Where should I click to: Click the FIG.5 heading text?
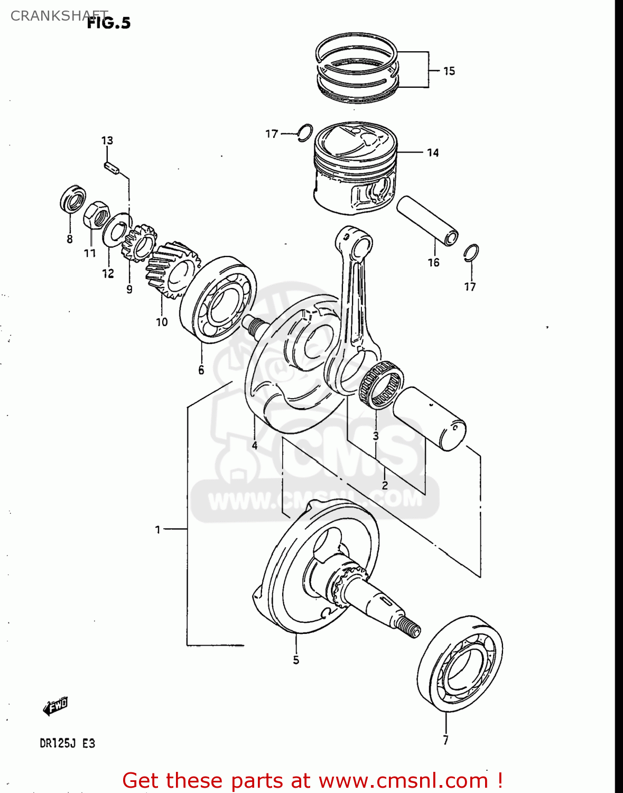pyautogui.click(x=109, y=23)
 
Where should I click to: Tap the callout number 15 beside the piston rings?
pyautogui.click(x=449, y=71)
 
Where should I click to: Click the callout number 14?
pyautogui.click(x=433, y=153)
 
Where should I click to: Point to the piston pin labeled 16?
pyautogui.click(x=427, y=220)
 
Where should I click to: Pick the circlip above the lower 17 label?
pyautogui.click(x=471, y=253)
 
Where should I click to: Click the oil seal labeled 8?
pyautogui.click(x=72, y=199)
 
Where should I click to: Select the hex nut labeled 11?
pyautogui.click(x=96, y=215)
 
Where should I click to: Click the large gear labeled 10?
pyautogui.click(x=173, y=269)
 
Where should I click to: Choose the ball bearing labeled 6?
pyautogui.click(x=219, y=299)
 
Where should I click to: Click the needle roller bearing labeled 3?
pyautogui.click(x=381, y=385)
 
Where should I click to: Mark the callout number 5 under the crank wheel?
pyautogui.click(x=296, y=660)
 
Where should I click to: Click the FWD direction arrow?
pyautogui.click(x=55, y=705)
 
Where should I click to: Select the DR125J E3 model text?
pyautogui.click(x=67, y=743)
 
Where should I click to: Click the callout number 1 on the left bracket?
pyautogui.click(x=157, y=529)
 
